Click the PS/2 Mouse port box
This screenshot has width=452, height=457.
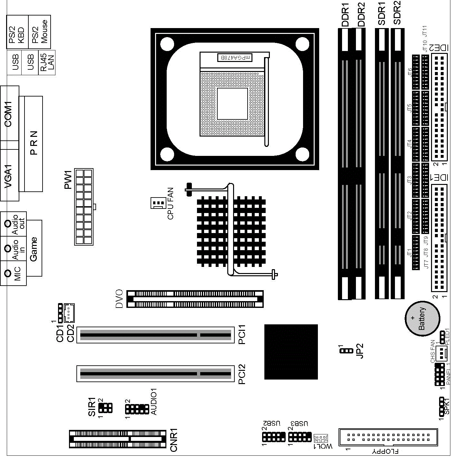point(39,32)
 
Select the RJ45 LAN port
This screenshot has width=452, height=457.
point(47,63)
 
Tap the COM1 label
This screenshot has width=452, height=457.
point(8,114)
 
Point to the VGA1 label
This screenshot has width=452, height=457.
point(8,177)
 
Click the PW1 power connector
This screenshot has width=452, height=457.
point(84,207)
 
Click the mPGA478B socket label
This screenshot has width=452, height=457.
point(235,58)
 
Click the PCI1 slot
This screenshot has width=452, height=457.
point(155,335)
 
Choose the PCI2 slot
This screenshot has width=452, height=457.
point(155,374)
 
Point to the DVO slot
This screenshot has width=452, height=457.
point(195,299)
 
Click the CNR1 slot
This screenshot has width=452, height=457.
point(118,439)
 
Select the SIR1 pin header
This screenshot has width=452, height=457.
point(106,408)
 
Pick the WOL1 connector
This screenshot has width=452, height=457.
point(321,439)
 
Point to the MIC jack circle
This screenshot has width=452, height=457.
point(8,273)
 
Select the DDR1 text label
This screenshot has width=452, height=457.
point(345,15)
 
